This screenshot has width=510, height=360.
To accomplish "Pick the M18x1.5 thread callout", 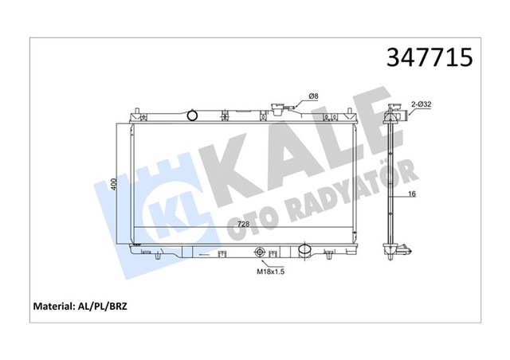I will pos(270,271).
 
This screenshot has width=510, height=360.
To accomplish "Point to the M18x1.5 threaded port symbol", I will pos(260,254).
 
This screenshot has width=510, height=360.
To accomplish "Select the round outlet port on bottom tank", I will pos(304,252).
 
